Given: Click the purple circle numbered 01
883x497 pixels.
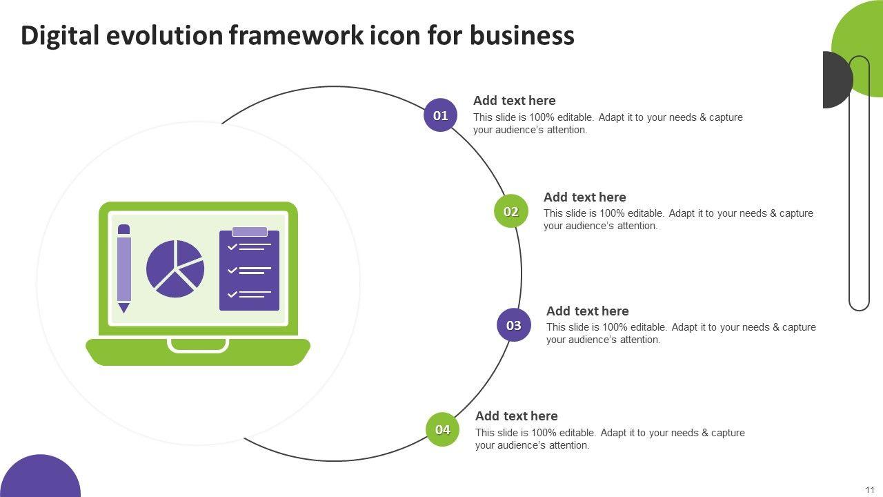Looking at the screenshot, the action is (x=440, y=115).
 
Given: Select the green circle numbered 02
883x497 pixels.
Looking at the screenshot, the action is (x=511, y=211).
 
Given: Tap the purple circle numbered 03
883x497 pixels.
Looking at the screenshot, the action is (x=514, y=324).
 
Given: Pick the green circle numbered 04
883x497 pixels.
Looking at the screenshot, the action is (x=443, y=429).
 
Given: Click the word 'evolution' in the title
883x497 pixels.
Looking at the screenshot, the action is (x=164, y=35).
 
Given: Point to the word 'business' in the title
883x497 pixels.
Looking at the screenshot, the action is (x=522, y=35).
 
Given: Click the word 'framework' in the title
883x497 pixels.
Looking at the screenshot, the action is (x=297, y=35).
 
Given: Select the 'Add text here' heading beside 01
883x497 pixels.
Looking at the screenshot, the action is (x=515, y=101).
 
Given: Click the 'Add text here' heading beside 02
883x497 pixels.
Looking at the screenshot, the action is (x=584, y=197).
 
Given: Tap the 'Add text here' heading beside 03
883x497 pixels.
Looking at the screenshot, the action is (x=587, y=311).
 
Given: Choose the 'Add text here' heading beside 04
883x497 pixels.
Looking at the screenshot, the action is (x=517, y=416).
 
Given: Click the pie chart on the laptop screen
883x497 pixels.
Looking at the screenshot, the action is (x=175, y=269).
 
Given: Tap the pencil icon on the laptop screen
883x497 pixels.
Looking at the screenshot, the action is (x=123, y=269).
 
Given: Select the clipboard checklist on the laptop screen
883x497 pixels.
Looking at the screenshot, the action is (x=249, y=269).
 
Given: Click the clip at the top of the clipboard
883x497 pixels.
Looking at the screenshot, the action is (x=250, y=231).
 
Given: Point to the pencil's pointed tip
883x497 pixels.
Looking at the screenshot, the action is (x=123, y=313).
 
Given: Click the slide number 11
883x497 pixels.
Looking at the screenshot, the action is (x=870, y=490).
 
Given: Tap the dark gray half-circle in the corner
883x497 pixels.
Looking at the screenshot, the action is (x=838, y=79).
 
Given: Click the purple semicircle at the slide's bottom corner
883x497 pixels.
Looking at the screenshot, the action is (x=40, y=476).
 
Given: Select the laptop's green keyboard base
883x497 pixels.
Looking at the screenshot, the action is (x=198, y=352).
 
